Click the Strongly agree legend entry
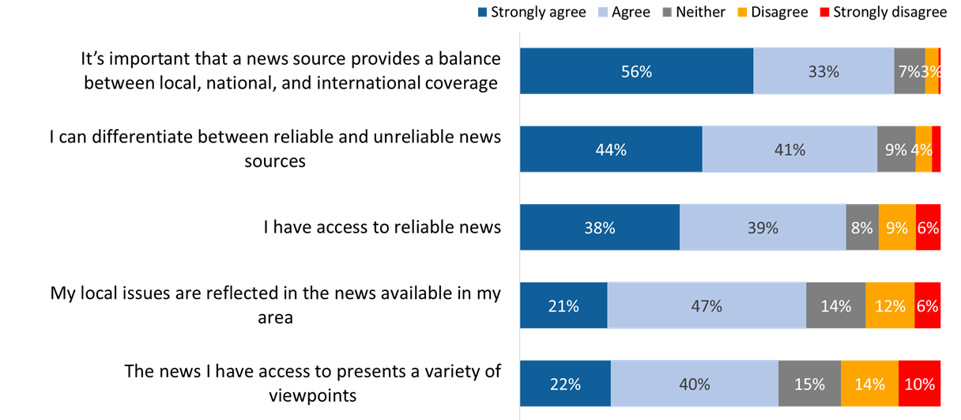[x=532, y=12]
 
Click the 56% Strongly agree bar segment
[x=636, y=71]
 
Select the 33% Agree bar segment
[x=823, y=71]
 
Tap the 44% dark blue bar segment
[x=611, y=149]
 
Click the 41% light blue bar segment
[x=790, y=149]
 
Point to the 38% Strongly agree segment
[x=599, y=228]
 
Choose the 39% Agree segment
[x=763, y=228]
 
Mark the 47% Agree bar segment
[x=707, y=305]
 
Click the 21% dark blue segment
[x=563, y=305]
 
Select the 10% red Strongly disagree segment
[x=919, y=384]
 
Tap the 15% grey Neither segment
[x=809, y=384]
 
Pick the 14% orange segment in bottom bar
[x=869, y=384]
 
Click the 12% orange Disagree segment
[x=890, y=305]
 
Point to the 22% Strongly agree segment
[x=565, y=384]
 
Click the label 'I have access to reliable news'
[x=382, y=228]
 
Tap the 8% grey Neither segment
[x=862, y=228]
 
